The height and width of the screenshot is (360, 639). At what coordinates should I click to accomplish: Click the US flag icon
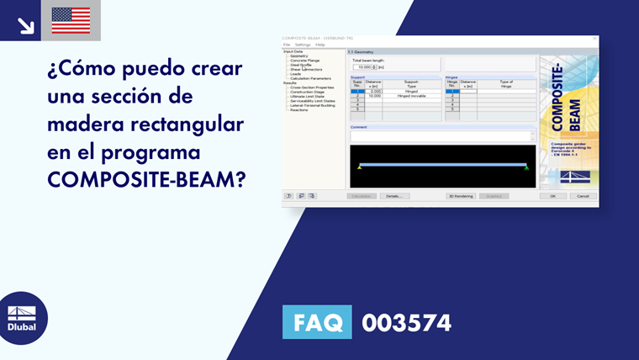[71, 20]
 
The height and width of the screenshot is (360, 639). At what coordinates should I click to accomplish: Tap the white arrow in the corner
[25, 24]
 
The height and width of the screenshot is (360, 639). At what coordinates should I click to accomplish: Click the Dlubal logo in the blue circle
[22, 318]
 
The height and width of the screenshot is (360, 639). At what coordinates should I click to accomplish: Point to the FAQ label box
[316, 322]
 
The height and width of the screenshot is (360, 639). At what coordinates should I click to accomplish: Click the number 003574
[406, 322]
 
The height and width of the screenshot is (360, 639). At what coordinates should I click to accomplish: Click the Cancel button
[582, 196]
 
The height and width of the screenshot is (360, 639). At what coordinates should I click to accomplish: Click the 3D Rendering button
[460, 196]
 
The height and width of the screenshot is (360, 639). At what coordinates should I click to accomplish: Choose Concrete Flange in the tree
[304, 61]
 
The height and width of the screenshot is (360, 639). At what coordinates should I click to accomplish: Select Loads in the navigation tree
[295, 73]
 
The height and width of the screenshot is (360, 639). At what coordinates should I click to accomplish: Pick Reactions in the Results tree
[299, 109]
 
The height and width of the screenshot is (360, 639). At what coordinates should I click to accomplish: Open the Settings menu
[303, 45]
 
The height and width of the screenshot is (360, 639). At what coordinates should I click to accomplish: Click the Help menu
[320, 45]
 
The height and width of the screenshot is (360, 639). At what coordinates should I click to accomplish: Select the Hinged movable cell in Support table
[411, 96]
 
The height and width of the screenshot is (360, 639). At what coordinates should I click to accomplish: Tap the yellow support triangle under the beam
[360, 168]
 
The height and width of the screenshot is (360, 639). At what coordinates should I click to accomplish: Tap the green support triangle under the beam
[526, 168]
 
